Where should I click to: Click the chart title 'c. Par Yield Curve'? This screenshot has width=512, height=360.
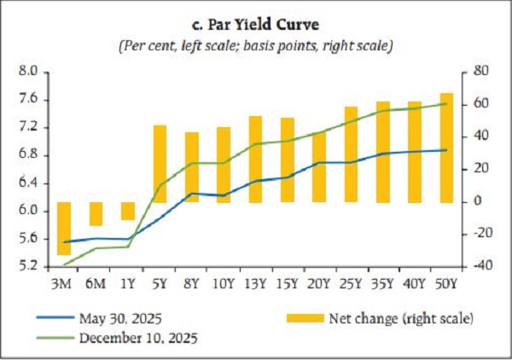pos(255,24)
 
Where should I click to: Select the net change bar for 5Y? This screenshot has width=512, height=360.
pos(160,164)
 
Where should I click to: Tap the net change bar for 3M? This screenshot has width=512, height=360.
pos(64,228)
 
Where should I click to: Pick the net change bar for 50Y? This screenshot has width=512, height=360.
pos(446,148)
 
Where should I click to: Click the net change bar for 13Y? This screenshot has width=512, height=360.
pos(255,160)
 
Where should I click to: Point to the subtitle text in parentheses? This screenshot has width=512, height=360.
pos(255,45)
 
